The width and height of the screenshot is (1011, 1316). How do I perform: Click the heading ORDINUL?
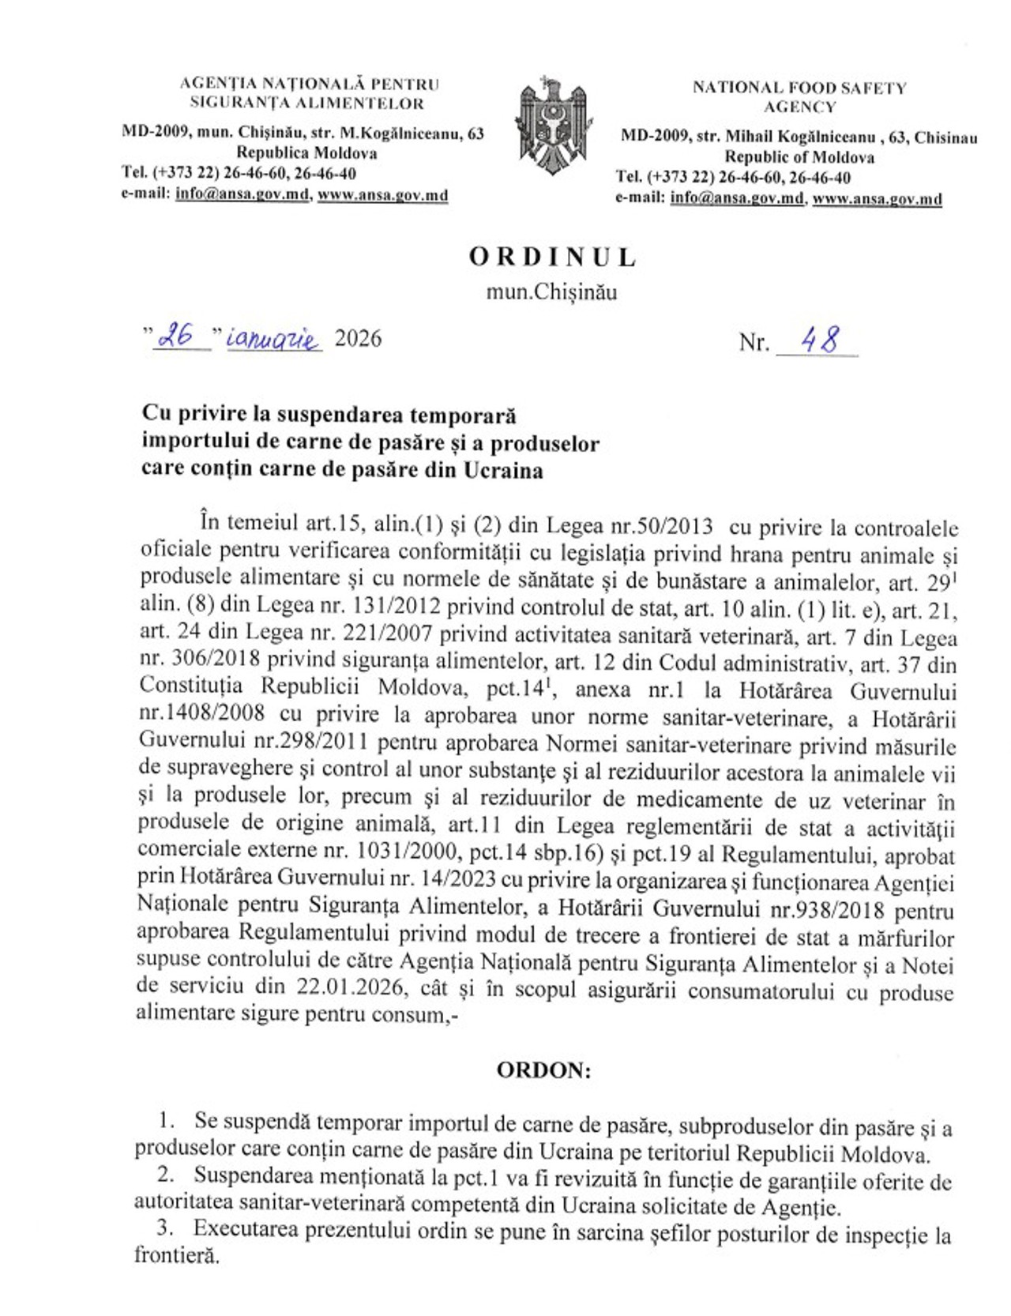[553, 258]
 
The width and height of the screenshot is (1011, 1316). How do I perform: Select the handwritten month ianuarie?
[273, 340]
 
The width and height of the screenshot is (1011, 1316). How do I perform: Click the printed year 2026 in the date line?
[358, 339]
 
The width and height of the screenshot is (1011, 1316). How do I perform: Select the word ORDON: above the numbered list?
[543, 1070]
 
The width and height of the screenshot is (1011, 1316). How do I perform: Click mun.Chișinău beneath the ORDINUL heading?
[551, 292]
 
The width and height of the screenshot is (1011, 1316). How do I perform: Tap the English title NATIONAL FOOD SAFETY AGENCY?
[799, 97]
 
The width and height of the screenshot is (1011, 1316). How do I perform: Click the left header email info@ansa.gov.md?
[242, 194]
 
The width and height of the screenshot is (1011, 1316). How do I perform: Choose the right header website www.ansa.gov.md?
[877, 199]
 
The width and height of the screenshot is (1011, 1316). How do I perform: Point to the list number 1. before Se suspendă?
[166, 1120]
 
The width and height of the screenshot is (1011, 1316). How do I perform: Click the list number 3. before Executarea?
[164, 1228]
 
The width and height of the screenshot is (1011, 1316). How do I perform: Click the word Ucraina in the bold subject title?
[503, 471]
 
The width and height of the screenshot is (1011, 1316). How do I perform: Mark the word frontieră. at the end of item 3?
[176, 1255]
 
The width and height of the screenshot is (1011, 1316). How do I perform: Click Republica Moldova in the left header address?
[306, 152]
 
